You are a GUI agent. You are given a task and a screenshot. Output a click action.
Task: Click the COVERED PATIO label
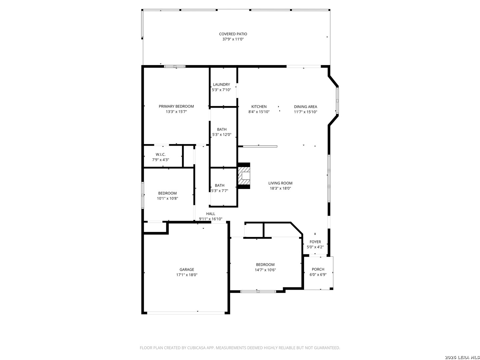coord(233,34)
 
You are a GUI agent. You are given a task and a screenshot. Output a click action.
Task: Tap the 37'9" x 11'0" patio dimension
coord(233,39)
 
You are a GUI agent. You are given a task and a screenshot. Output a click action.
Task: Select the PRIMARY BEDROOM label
coord(176,106)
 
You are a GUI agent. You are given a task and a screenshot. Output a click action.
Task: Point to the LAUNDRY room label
coord(221,84)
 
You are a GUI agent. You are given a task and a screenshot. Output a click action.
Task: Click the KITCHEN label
coord(259,107)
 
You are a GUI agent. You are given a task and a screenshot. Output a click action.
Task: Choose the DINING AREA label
coord(305,107)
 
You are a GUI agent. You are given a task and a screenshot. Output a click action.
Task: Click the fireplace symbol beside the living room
coord(244,176)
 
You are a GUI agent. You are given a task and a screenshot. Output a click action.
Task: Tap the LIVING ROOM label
coord(280,183)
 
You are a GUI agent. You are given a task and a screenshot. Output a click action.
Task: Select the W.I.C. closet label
coord(161,155)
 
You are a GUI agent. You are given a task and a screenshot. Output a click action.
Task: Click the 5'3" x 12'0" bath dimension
coord(222,135)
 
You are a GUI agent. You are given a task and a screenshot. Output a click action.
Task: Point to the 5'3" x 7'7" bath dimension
coord(219,191)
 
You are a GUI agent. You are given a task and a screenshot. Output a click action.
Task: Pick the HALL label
coord(210,214)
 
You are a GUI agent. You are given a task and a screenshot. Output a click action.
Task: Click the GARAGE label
coord(187,270)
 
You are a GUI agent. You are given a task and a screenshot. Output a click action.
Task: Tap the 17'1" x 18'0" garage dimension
coord(187,275)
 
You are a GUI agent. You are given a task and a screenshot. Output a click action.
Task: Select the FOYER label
coord(315,242)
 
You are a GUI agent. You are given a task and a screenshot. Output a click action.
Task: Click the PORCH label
coord(318,269)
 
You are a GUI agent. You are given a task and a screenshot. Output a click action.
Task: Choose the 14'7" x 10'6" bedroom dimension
coord(265,270)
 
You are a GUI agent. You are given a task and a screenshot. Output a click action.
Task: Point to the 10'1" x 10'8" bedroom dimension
coord(167,198)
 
